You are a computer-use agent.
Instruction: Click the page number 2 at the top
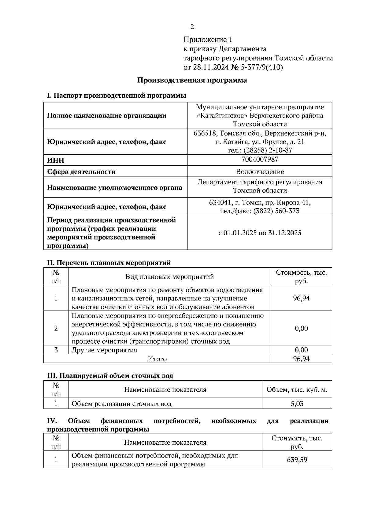[192, 27]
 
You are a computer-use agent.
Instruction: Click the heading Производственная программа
[192, 80]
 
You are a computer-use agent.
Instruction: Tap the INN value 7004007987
[260, 159]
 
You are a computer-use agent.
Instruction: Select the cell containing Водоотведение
[260, 171]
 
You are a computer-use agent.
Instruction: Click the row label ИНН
[56, 160]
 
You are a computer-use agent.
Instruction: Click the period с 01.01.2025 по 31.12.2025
[260, 233]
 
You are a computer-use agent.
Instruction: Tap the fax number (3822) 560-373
[276, 211]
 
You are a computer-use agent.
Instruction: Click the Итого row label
[157, 359]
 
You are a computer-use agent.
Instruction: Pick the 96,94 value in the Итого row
[301, 359]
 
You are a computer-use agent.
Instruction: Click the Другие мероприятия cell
[104, 350]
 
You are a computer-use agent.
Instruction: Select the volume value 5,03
[297, 404]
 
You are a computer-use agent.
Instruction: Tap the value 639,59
[297, 459]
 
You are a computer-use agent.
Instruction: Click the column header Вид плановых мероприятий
[169, 277]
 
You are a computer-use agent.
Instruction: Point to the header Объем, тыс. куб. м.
[297, 390]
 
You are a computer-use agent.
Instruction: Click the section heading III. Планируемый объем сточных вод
[110, 376]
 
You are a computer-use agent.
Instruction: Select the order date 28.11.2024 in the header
[208, 67]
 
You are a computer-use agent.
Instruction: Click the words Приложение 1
[208, 40]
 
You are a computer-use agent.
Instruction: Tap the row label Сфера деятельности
[81, 172]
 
